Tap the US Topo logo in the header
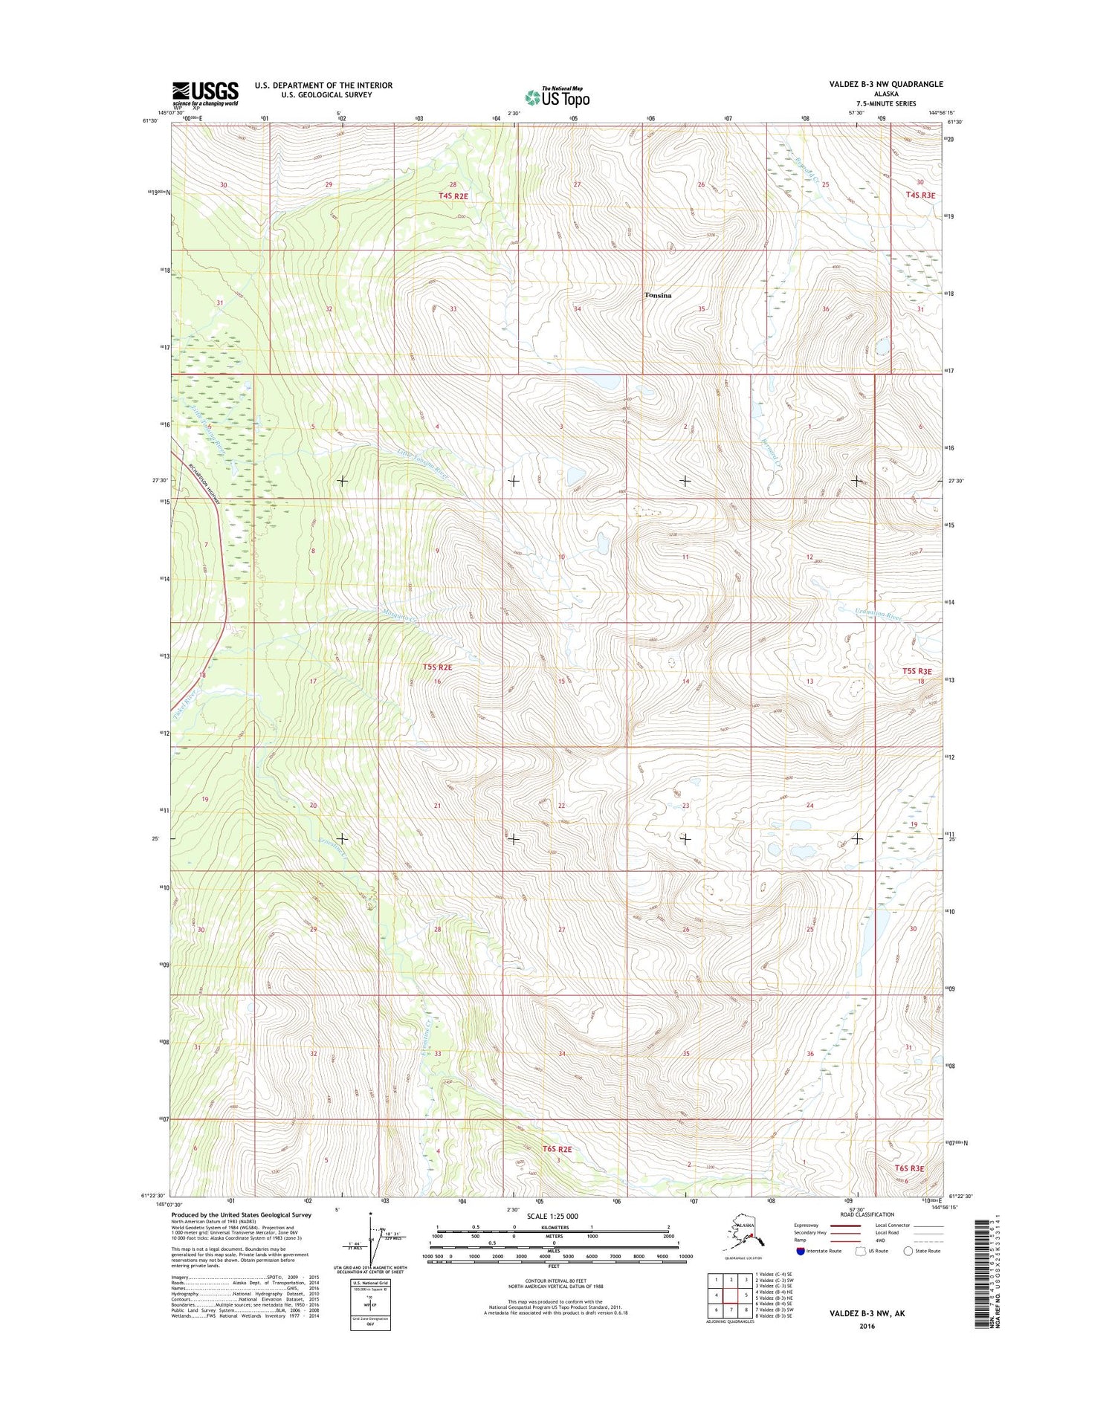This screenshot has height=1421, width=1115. [557, 97]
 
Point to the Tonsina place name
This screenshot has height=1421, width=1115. [658, 296]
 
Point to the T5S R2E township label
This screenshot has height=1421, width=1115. [437, 667]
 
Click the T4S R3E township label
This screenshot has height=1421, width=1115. [920, 195]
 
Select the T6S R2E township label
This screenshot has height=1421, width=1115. [557, 1149]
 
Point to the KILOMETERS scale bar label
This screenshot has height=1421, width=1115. [554, 1227]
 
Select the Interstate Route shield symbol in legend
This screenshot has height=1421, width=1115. [801, 1251]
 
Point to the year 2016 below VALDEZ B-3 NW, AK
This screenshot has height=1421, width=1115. [866, 1326]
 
